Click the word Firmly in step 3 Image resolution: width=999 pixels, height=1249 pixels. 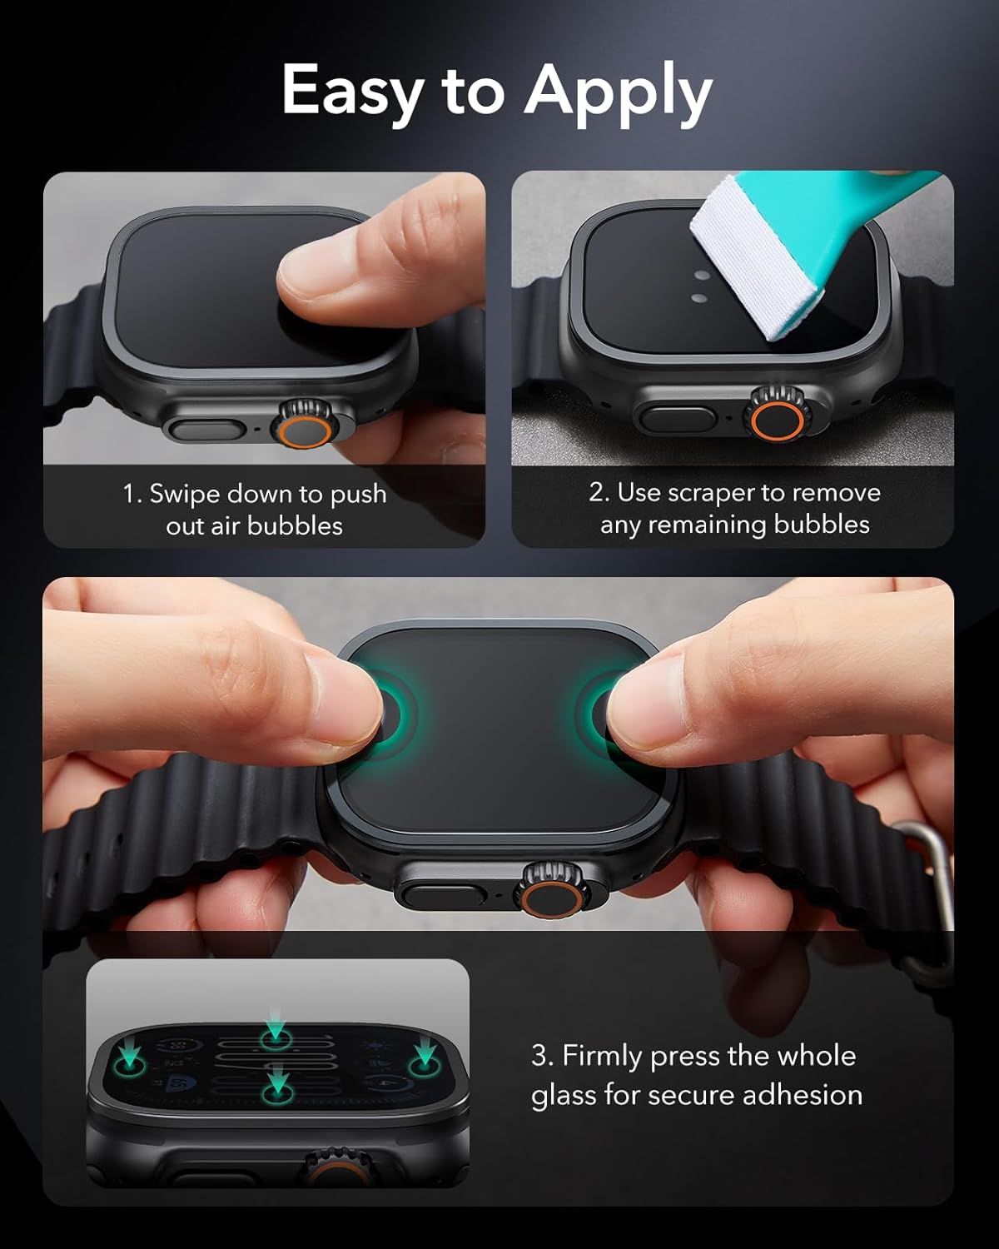pos(602,1056)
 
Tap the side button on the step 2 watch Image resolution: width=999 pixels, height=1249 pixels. pos(674,417)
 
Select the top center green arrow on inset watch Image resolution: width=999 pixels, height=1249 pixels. pos(276,1033)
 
